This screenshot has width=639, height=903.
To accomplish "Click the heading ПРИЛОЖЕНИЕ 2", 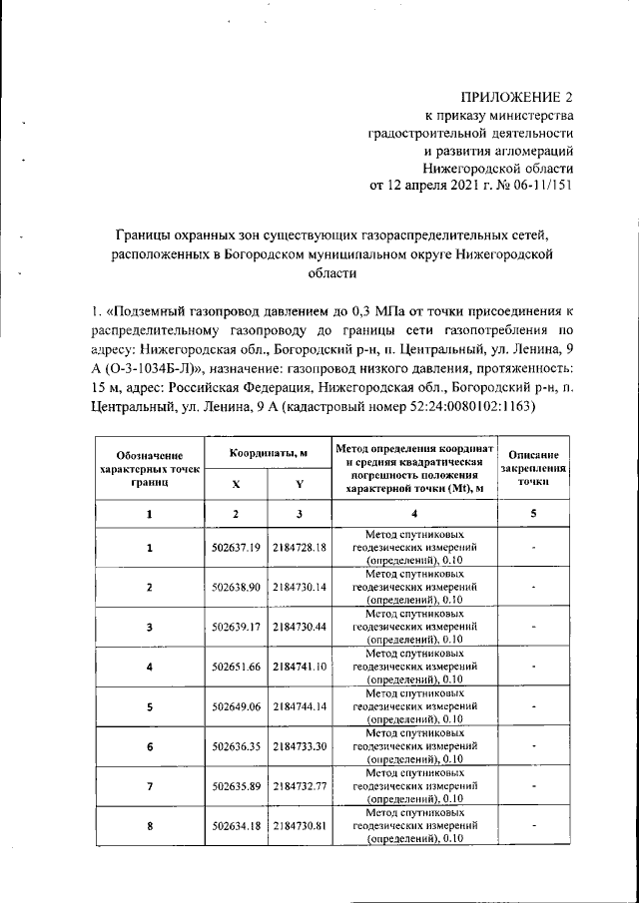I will tap(517, 97).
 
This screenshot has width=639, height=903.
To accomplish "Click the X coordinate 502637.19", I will tap(237, 548).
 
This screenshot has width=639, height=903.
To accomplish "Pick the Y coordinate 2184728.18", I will tap(301, 548).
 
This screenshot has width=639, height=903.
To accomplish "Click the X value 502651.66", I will tap(237, 666).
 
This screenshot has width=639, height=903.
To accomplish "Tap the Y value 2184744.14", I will tap(301, 705).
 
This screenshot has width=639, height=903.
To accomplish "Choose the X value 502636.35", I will tap(237, 745).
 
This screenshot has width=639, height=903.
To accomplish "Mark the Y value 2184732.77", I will tap(301, 785).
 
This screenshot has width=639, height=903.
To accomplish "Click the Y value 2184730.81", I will tap(301, 825).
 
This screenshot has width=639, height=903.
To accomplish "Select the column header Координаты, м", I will tap(268, 454).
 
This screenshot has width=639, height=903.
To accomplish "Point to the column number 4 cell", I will tap(413, 514).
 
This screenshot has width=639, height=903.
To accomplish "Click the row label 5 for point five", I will tap(150, 705).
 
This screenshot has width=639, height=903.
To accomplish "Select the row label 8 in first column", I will tap(150, 825).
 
